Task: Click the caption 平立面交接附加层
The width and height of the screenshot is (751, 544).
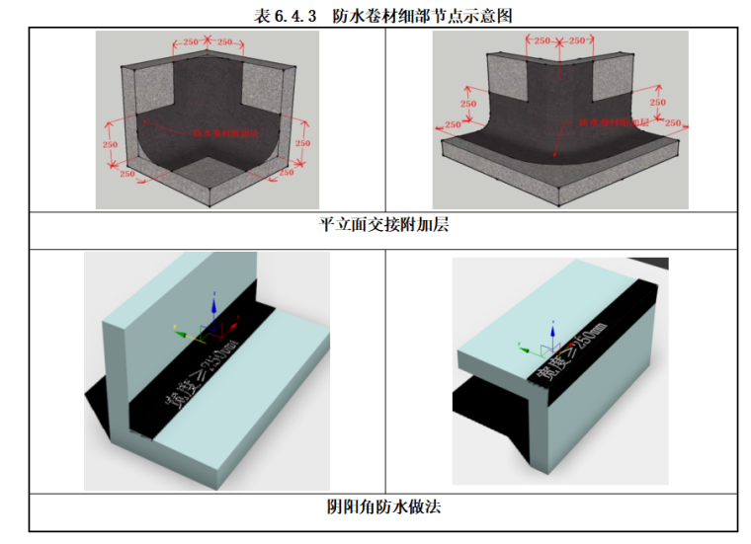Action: coord(382,224)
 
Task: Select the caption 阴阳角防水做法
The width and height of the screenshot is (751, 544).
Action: coord(382,507)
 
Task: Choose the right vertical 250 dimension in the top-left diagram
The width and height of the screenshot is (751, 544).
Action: coord(302,143)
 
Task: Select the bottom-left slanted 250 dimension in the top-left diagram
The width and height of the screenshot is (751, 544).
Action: coord(128,174)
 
